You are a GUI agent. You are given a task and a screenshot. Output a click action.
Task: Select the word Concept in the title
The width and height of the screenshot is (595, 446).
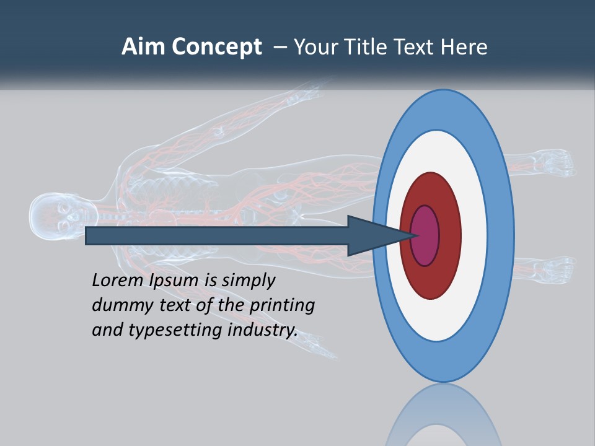coord(217,48)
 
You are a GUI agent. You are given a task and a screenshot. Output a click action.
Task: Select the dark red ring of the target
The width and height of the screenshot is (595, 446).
coord(448,235)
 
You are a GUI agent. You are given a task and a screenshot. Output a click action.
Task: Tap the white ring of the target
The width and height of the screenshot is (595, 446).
coord(474,235)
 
